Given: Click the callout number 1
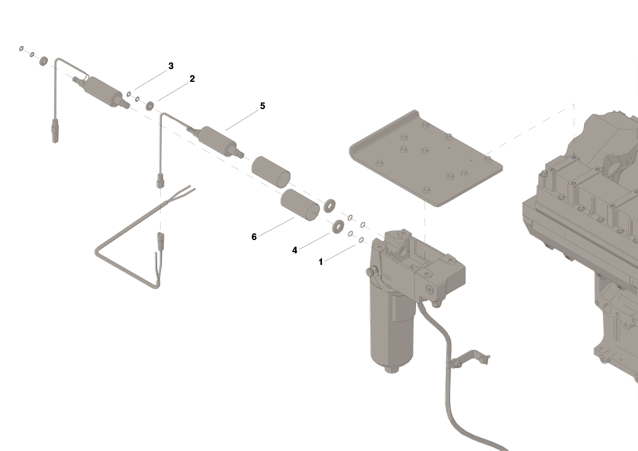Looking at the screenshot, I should coord(321,262).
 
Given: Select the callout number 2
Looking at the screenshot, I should coord(192,79).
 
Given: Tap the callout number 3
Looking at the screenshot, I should coord(171,66).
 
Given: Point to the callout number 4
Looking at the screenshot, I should coord(295,250).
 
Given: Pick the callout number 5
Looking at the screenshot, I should coord(263,106).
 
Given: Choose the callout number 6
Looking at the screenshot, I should coord(254,237).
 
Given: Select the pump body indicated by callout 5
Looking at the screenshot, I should coord(216,141).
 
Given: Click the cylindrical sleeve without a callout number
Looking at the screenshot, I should coord(271,172).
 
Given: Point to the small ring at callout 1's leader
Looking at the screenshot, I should coord(361,240).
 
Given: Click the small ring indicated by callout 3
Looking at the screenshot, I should coord(130,94).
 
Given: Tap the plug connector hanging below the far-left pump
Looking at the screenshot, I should coord(56,129).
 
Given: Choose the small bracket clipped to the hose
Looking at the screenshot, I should coord(470,359).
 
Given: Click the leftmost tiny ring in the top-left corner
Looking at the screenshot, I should coord(22,48).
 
